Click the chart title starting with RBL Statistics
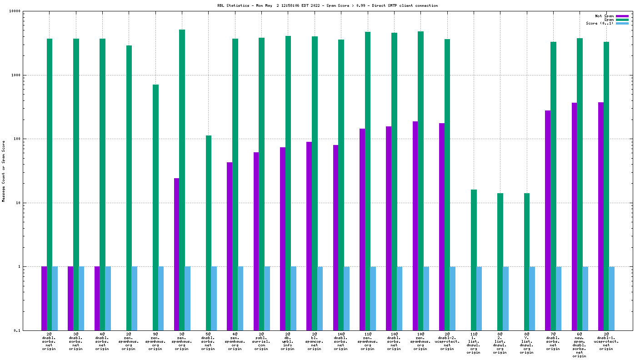click(327, 5)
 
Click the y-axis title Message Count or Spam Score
click(3, 171)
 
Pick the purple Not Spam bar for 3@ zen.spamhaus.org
click(176, 254)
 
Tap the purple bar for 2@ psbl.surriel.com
click(256, 241)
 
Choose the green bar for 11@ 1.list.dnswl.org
click(474, 260)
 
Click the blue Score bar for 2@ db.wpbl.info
click(294, 298)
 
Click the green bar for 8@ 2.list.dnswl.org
click(500, 261)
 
